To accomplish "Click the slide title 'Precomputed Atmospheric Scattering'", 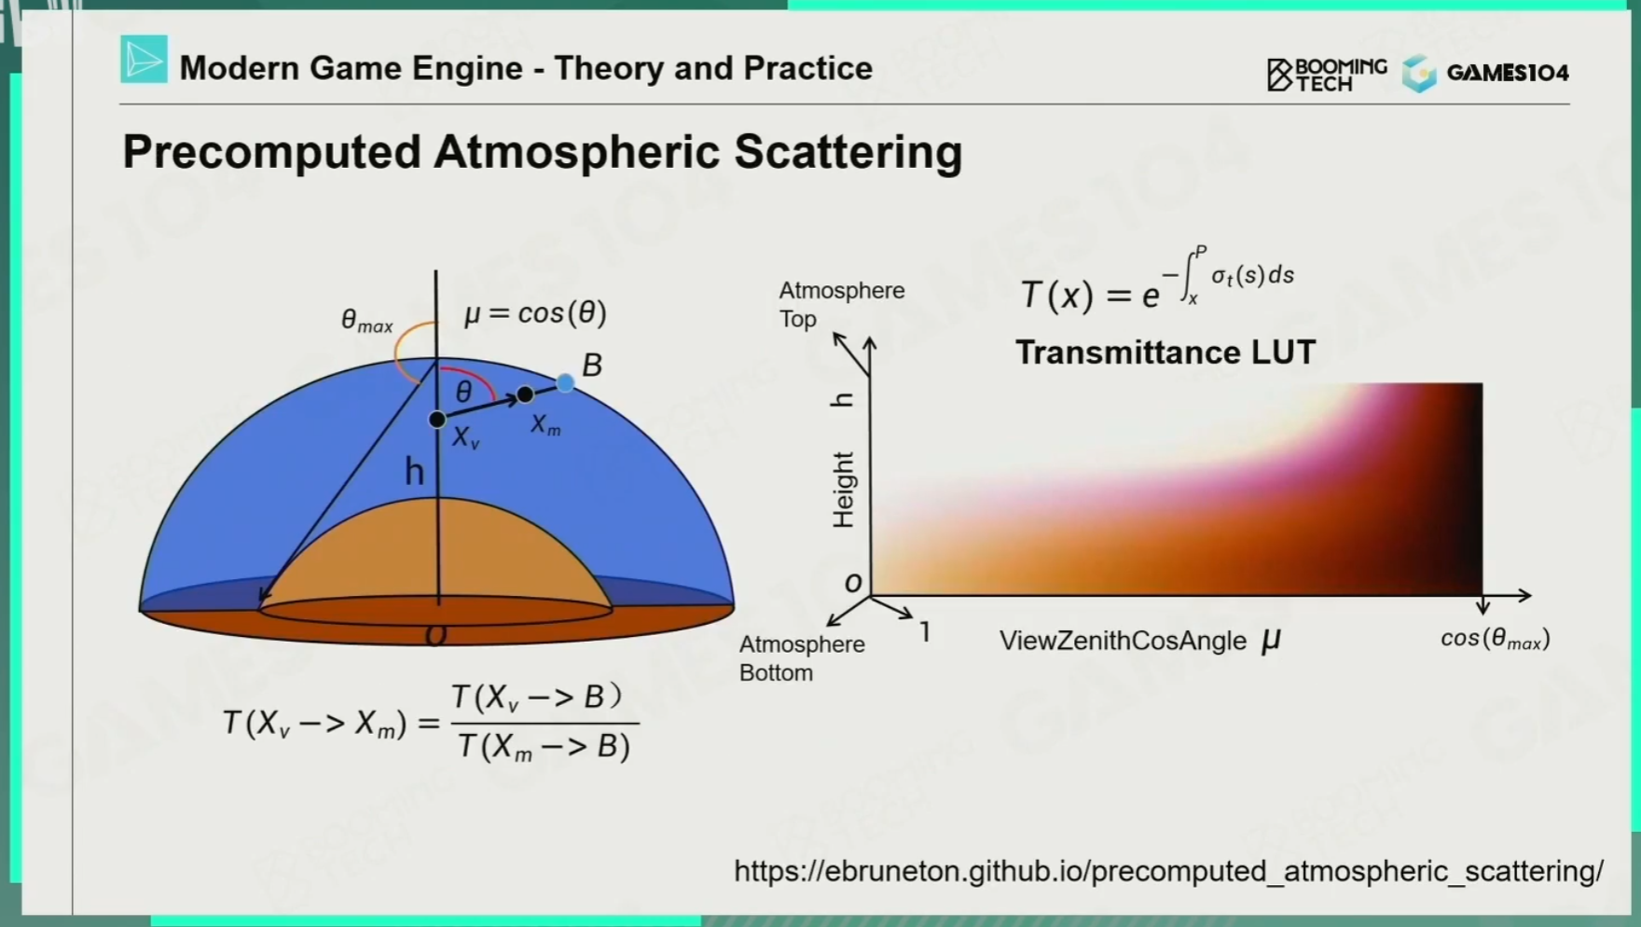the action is click(542, 152).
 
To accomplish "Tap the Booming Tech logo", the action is click(1327, 75).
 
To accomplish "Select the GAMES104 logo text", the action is click(1508, 73).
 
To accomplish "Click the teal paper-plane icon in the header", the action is click(144, 60).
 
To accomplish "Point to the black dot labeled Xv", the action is click(436, 420).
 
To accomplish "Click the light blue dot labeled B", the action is click(565, 382).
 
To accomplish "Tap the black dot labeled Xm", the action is click(525, 394).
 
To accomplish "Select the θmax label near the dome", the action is click(366, 322).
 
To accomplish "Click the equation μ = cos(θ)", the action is click(535, 312).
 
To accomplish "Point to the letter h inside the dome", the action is click(414, 472).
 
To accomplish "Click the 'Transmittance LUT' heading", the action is click(1165, 353).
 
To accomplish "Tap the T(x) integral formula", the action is click(1157, 280).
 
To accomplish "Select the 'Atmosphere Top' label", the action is click(842, 304).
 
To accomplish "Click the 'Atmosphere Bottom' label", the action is click(802, 658).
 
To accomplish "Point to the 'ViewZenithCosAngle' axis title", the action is click(1123, 641).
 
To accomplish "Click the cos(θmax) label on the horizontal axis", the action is click(1496, 639).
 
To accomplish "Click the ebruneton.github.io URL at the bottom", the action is click(1169, 871).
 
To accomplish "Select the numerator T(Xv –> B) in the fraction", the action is click(536, 698).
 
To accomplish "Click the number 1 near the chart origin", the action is click(925, 632).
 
